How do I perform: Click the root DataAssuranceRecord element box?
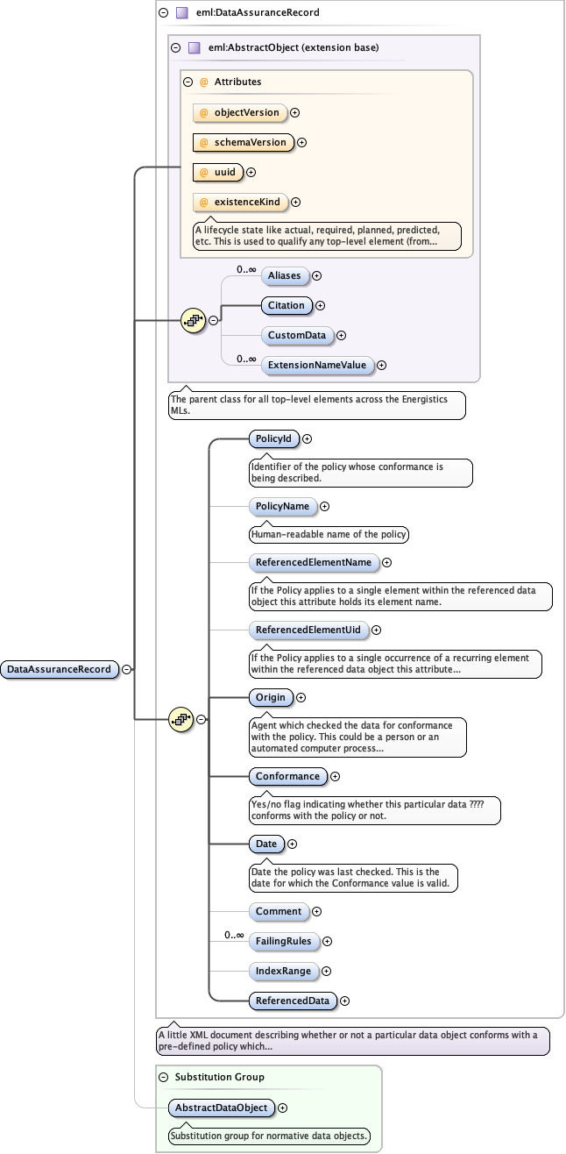[60, 669]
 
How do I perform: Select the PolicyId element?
[274, 438]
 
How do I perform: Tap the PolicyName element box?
[282, 506]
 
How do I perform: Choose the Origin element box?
[271, 697]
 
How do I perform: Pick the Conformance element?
[287, 776]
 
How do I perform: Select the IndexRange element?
[282, 971]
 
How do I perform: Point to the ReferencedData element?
[292, 1001]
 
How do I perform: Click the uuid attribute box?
[218, 172]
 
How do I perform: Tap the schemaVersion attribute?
[244, 142]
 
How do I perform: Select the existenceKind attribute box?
[240, 202]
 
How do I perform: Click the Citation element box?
[287, 305]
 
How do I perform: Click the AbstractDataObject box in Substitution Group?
[221, 1108]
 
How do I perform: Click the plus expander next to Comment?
[317, 911]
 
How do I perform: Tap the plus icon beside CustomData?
[342, 335]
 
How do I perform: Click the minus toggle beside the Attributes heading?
[187, 82]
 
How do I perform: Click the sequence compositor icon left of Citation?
[193, 320]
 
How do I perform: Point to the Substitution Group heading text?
[219, 1077]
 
